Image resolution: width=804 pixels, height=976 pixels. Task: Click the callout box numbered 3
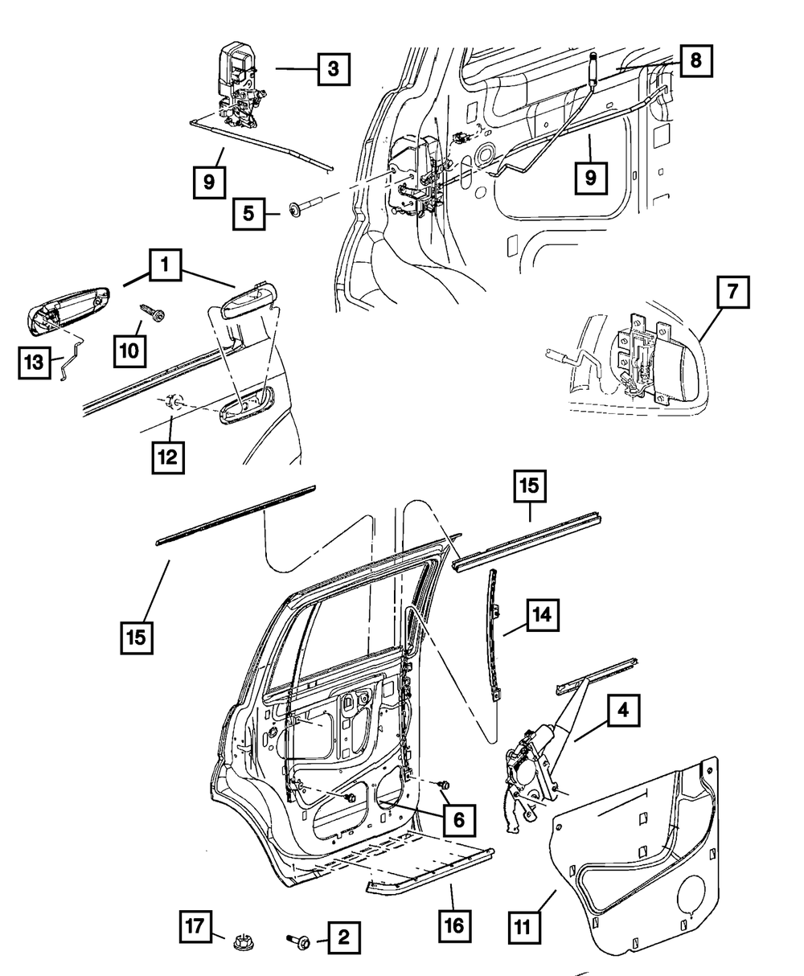(332, 69)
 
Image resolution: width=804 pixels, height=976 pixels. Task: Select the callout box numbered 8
(695, 59)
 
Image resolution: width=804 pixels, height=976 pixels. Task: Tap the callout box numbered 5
(249, 214)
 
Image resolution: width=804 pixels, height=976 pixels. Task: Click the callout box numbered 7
(731, 293)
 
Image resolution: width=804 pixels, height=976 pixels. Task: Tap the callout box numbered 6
(457, 820)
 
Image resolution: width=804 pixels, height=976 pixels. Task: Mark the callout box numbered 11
(524, 926)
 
